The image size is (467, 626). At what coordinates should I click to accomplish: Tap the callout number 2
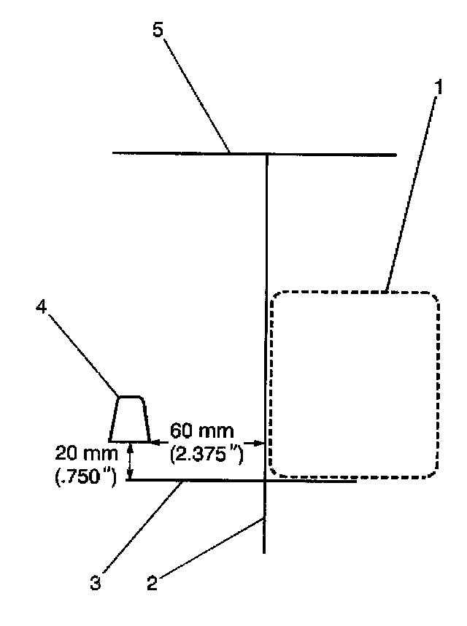(x=151, y=584)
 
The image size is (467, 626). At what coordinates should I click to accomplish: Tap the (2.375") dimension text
(x=205, y=453)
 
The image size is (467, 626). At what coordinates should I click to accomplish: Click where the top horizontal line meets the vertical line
(x=266, y=155)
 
